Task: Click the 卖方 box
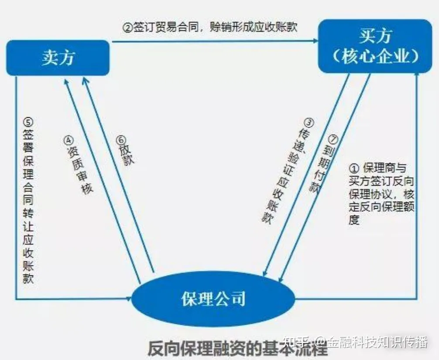tap(58, 58)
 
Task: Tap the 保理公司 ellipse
tap(213, 299)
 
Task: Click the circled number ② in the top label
tap(127, 27)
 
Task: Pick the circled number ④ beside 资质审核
tap(69, 140)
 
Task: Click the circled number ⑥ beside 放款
tap(120, 140)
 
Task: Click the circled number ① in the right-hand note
tap(354, 168)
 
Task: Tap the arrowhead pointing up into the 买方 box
tap(417, 76)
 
